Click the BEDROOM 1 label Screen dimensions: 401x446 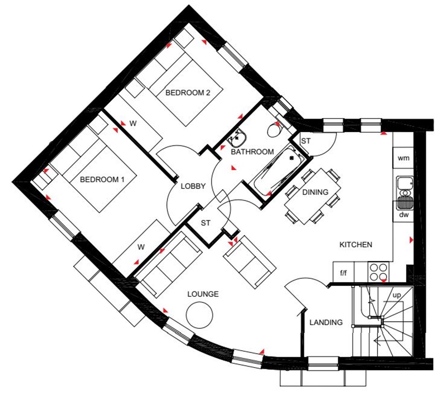tap(99, 179)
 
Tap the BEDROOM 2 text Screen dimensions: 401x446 tap(188, 92)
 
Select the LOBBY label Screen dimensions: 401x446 tap(193, 186)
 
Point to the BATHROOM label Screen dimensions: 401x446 tap(252, 152)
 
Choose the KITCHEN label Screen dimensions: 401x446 tap(355, 245)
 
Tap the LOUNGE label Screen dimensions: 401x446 tap(203, 294)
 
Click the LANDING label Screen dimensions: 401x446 tap(326, 323)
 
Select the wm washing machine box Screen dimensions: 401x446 tap(403, 158)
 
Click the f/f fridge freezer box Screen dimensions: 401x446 tap(343, 273)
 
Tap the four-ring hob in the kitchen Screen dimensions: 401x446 tap(378, 272)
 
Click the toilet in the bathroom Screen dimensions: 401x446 tap(274, 129)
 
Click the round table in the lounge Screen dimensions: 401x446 tap(199, 313)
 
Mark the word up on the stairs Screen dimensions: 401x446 tap(396, 295)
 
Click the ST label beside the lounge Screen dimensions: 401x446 tap(206, 223)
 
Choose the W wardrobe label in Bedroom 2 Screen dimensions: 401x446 tap(133, 124)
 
